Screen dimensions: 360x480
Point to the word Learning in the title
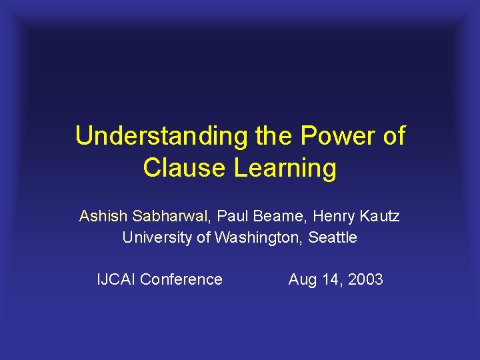[x=285, y=168]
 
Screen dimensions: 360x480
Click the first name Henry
[x=332, y=216]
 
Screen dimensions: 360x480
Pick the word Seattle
[x=333, y=237]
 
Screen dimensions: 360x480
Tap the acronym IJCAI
[x=117, y=279]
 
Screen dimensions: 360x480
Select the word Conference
[x=181, y=279]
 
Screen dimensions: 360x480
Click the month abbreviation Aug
[x=303, y=280]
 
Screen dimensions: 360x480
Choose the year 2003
[x=365, y=279]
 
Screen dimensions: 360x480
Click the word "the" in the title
[x=273, y=136]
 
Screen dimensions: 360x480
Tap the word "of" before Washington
[x=204, y=237]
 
